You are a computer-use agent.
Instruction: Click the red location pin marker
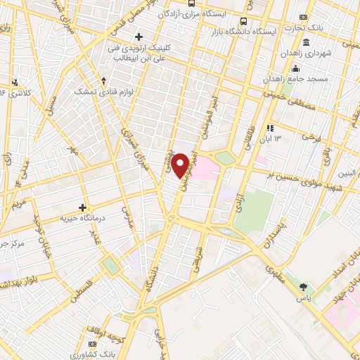tap(181, 165)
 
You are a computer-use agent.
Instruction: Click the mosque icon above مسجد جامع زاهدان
tap(295, 68)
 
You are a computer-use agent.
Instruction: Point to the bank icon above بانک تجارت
tap(304, 17)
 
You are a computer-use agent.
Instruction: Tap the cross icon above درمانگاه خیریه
tap(83, 207)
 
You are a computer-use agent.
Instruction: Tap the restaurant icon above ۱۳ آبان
tap(270, 128)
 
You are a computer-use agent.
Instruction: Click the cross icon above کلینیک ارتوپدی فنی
tap(139, 37)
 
